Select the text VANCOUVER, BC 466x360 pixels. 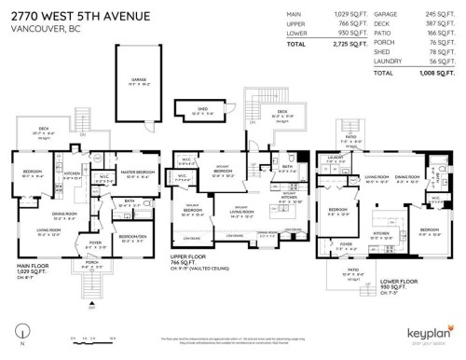point(39,26)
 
